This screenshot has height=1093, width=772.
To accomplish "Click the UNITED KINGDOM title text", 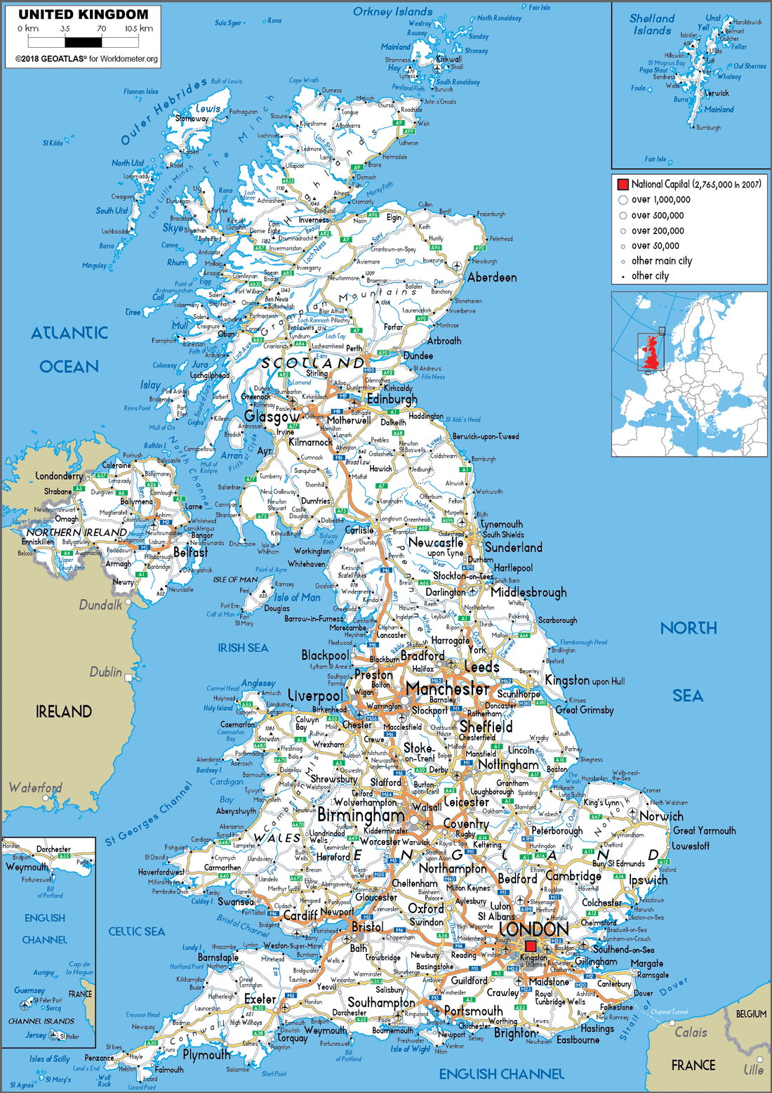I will [83, 14].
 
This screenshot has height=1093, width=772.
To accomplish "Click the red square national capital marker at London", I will [531, 945].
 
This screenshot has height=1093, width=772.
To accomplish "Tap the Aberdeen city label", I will [492, 277].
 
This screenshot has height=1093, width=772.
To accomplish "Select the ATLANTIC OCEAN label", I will [69, 349].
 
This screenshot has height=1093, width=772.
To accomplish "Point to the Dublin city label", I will [105, 672].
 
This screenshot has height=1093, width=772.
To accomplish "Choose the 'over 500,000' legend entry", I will [657, 216].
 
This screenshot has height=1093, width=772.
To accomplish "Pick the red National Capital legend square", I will [623, 184].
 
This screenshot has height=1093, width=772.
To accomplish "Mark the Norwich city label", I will [661, 816].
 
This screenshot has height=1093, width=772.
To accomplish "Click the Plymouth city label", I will [206, 1054].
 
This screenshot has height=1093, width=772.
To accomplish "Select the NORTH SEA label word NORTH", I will [688, 628].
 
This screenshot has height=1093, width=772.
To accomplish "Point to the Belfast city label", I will [190, 552].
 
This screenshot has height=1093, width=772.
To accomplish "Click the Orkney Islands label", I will [392, 12].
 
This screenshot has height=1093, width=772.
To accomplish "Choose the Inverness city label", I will [314, 220].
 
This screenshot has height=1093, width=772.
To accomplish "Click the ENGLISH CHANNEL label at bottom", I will [501, 1074].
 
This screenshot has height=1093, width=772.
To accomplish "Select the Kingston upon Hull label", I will [585, 681].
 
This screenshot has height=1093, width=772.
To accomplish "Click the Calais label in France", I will [691, 1032].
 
